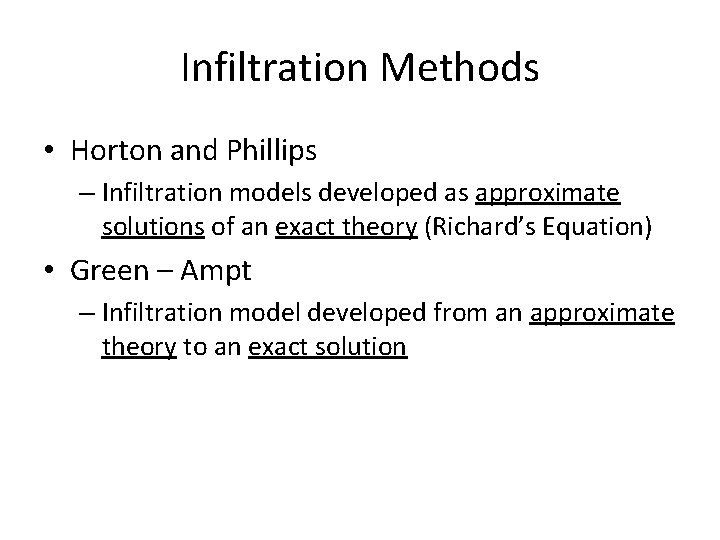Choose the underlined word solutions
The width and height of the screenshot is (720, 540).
(153, 228)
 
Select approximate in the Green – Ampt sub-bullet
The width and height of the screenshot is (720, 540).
(602, 314)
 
